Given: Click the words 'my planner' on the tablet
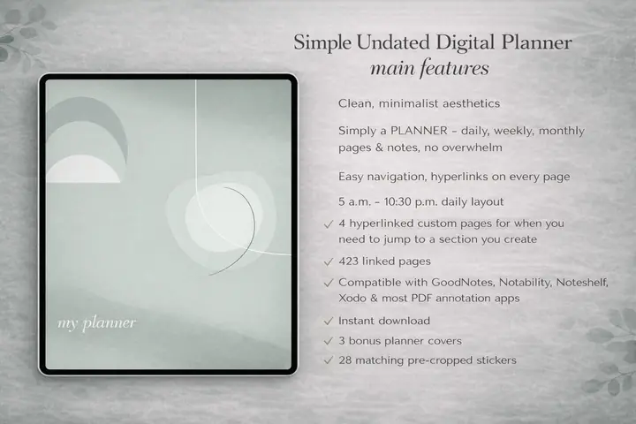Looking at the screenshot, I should click(x=97, y=322).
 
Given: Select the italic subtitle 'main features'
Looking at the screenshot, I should click(x=432, y=69).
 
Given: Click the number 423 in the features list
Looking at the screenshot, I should click(x=350, y=261).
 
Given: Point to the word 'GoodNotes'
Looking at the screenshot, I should click(x=465, y=282).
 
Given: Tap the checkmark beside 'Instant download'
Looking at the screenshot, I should click(x=329, y=321).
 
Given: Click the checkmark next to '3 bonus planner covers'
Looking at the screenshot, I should click(x=329, y=340).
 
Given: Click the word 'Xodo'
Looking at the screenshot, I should click(x=352, y=299).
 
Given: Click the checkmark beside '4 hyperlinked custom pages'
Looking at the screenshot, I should click(x=329, y=223).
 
